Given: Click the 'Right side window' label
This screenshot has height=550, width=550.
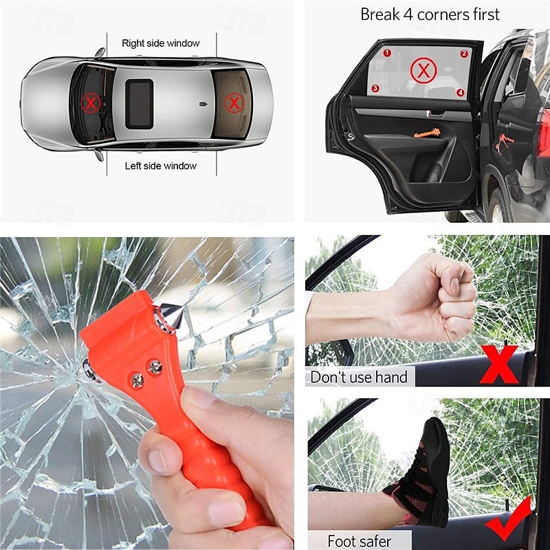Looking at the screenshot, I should tap(161, 43).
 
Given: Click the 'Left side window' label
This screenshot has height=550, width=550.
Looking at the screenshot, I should tap(161, 166).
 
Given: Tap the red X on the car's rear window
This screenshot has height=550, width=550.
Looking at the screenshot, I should tap(234, 104).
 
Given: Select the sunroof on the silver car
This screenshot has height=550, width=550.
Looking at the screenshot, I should tap(140, 103).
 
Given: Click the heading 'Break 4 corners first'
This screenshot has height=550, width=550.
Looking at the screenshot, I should tap(430, 14).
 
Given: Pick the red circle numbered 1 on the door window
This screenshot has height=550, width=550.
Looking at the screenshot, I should tap(387, 52).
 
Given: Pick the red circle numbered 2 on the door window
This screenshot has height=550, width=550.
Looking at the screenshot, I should tap(464, 53).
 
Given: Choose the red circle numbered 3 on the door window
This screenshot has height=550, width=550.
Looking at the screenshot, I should tap(375, 88).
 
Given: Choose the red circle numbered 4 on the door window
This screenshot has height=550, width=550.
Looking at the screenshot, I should tap(461, 92).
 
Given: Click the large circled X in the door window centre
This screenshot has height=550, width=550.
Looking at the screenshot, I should tap(423, 70).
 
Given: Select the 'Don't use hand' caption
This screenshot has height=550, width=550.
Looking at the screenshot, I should tap(359, 377).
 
